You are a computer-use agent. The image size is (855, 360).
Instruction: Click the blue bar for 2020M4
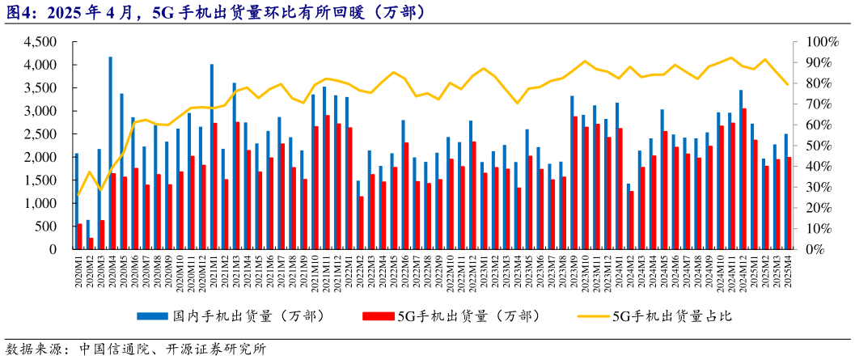point(110,153)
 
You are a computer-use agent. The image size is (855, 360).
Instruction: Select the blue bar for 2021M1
point(211,157)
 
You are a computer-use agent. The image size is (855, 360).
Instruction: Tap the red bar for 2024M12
point(744,179)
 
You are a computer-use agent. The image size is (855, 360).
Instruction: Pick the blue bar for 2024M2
point(628,216)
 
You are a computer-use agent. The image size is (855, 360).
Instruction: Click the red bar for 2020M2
point(91,244)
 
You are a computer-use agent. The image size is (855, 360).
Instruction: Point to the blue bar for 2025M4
point(785,192)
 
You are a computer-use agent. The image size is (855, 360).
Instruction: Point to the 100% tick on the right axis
point(820,41)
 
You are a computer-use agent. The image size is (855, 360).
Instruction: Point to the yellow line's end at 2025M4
point(788,84)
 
